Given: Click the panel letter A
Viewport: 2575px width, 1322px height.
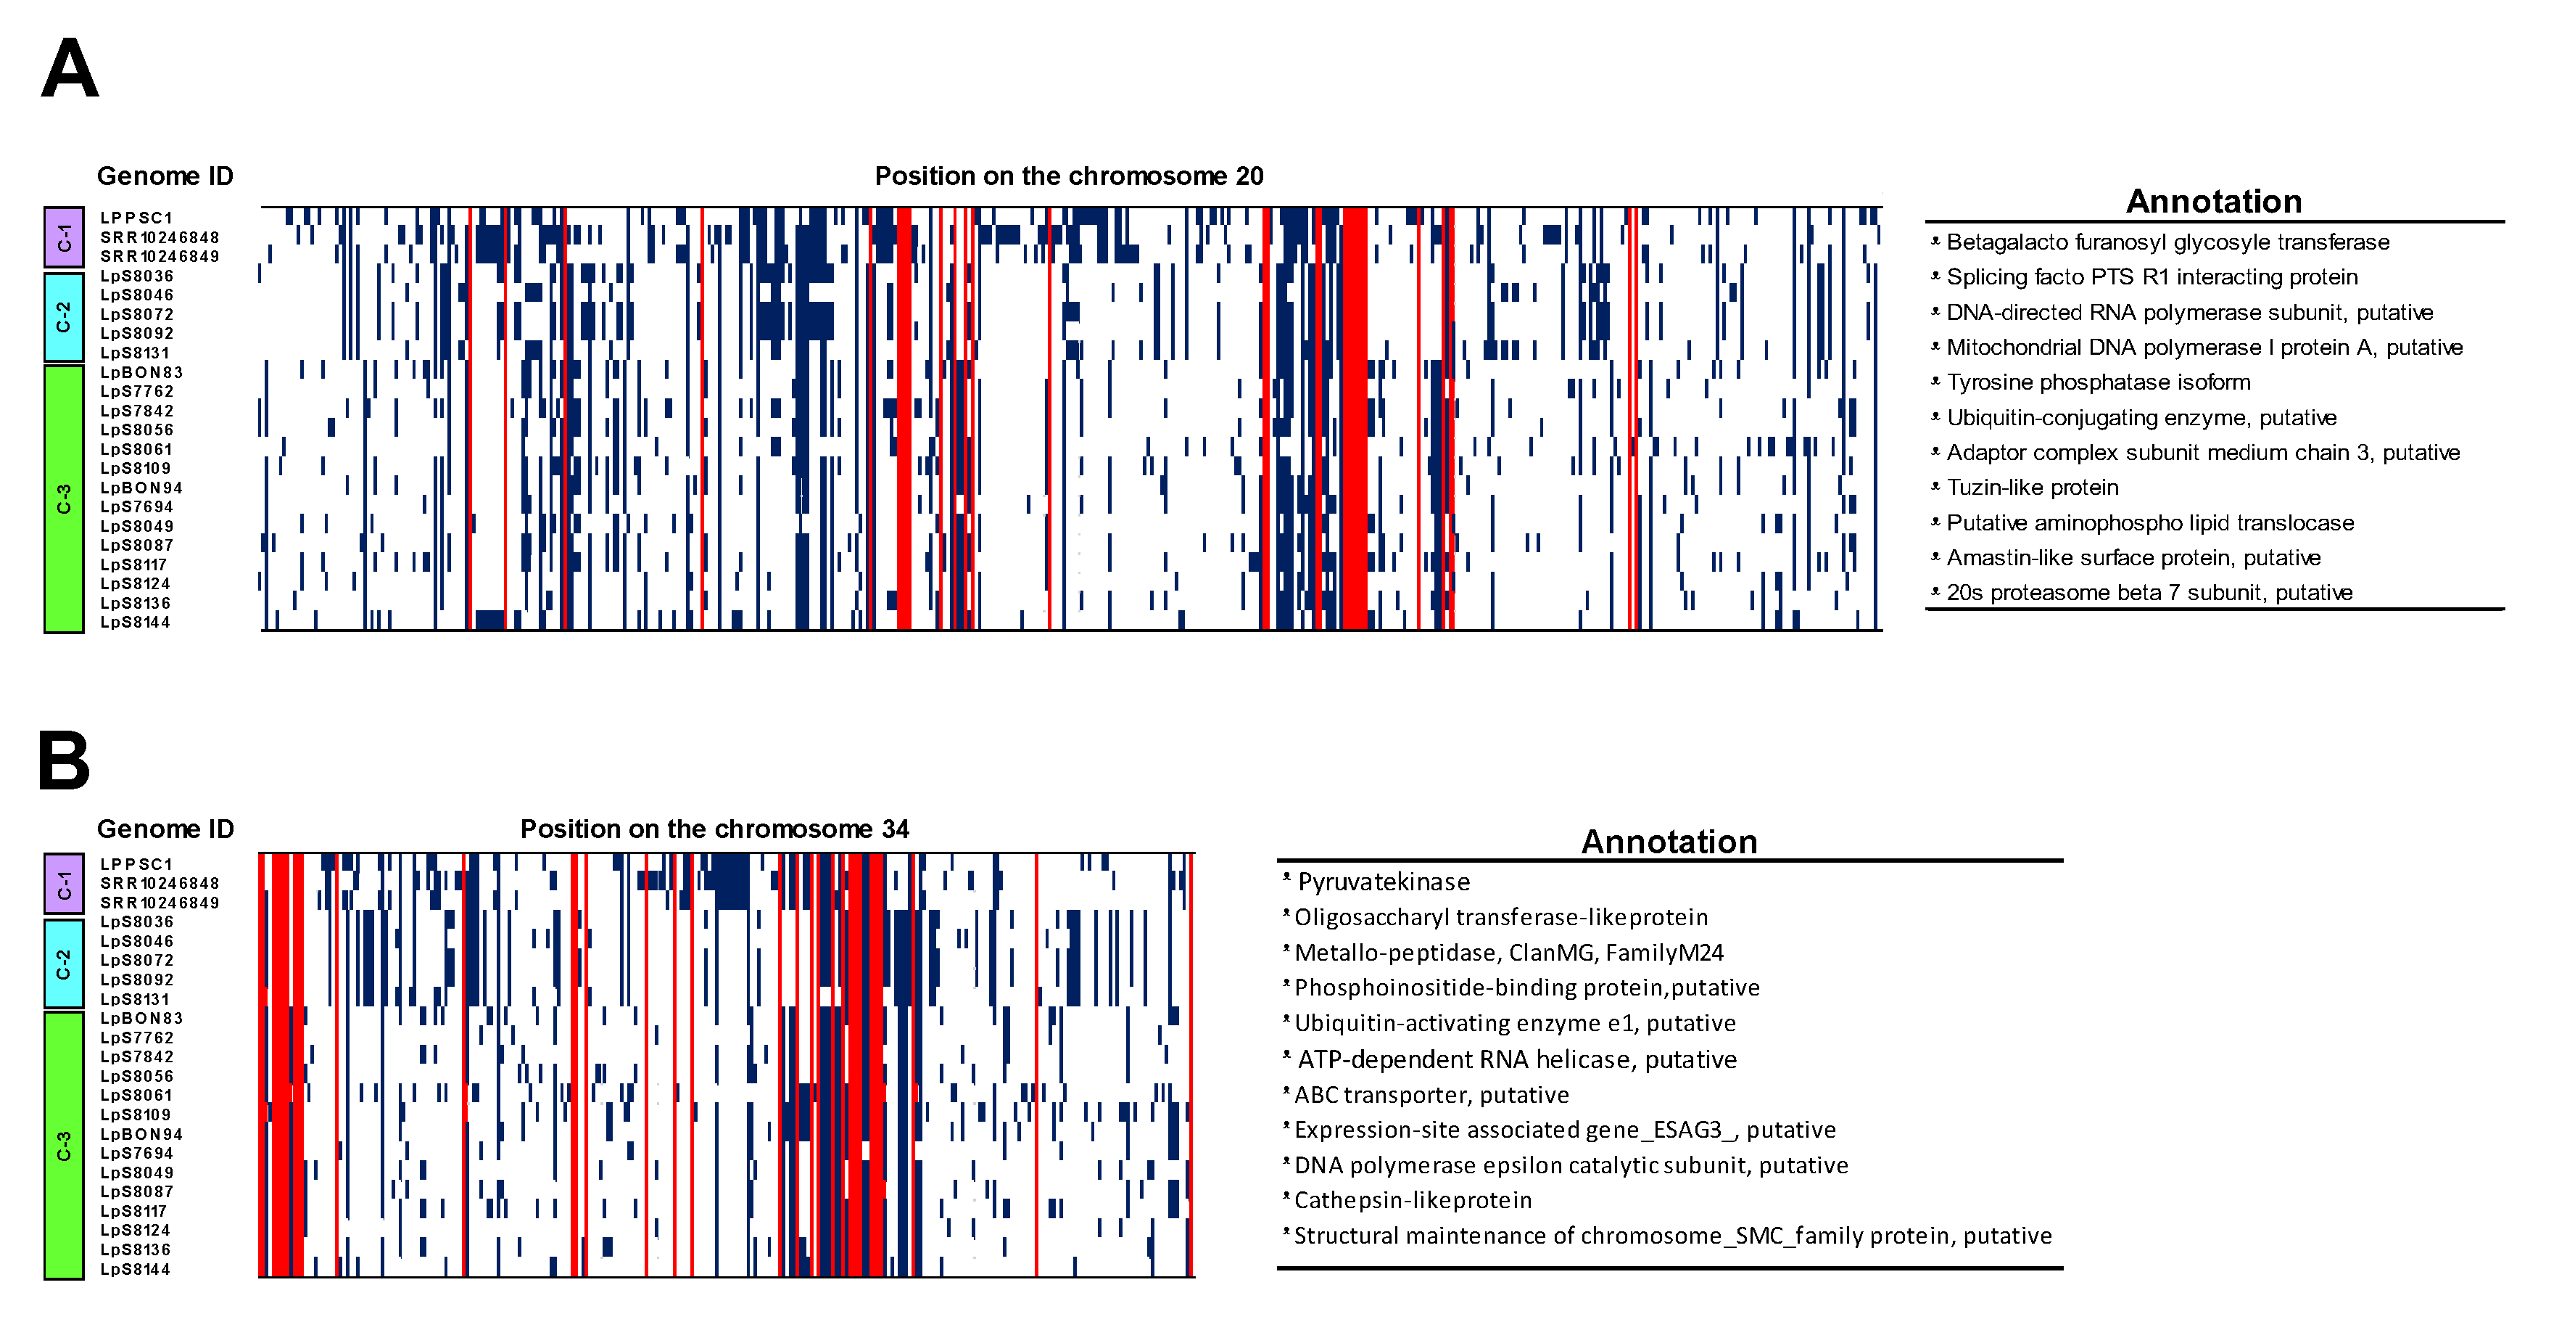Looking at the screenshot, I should tap(70, 69).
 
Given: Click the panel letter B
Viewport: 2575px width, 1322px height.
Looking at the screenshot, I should tap(64, 761).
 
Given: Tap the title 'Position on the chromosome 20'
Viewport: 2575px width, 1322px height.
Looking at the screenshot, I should tap(1069, 176).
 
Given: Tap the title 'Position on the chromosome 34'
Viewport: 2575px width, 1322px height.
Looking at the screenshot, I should tap(715, 829).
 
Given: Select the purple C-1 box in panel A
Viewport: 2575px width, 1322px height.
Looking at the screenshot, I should tap(64, 237).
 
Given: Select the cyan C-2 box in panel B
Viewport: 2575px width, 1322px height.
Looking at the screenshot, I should tap(64, 964).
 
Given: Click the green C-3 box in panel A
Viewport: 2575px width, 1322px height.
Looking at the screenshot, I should tap(64, 498).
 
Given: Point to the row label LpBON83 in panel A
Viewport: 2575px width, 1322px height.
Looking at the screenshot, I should tap(141, 372).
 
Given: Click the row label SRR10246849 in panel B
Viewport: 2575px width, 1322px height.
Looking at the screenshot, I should tap(159, 902).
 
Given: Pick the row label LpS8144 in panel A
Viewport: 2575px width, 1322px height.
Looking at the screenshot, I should tap(135, 622).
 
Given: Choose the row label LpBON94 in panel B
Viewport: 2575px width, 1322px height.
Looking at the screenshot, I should tap(141, 1134).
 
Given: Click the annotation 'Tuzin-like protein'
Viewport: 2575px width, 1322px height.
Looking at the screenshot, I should tap(2031, 487).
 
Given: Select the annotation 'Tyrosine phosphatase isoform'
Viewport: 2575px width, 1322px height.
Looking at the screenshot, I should tap(2097, 382).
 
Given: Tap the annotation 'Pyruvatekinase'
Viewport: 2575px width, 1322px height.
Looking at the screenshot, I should tap(1384, 882).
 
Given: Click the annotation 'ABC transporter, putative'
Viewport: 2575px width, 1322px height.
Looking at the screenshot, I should tap(1431, 1095).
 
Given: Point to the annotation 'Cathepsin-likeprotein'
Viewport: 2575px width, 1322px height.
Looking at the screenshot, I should tap(1413, 1200).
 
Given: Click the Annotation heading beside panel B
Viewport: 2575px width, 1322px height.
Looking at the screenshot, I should tap(1669, 841).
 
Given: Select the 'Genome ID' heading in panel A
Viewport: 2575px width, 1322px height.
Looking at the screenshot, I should tap(165, 176).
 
